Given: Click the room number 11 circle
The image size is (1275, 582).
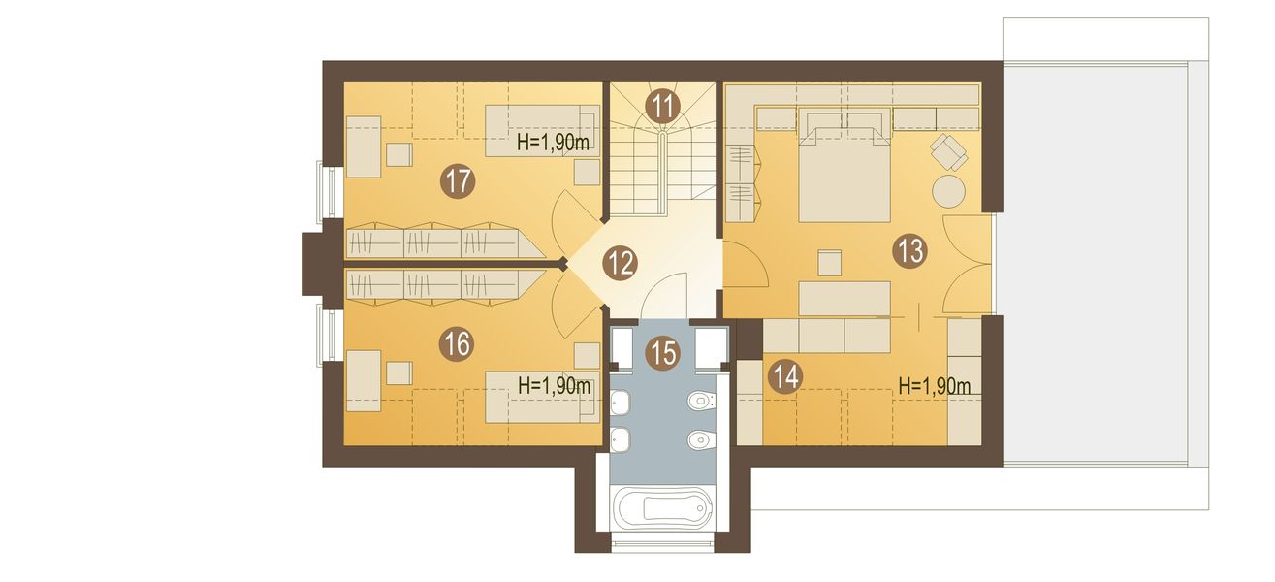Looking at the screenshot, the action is (x=663, y=107).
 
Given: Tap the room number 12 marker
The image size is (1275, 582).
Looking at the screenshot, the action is (x=620, y=263).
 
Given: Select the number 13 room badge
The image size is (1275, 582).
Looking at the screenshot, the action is (x=909, y=251).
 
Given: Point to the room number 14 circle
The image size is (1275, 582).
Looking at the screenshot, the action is (x=785, y=376).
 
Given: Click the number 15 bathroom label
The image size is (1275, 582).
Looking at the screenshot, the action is (x=663, y=352).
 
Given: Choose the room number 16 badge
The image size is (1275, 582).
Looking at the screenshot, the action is (x=458, y=344).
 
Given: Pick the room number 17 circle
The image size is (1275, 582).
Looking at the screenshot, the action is (x=458, y=181).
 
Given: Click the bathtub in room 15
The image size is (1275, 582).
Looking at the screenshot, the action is (x=662, y=508).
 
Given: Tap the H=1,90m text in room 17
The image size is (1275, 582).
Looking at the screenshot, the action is (x=553, y=143).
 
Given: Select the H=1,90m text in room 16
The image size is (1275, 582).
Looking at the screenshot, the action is (x=554, y=386).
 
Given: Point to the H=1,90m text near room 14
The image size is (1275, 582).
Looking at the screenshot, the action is (x=934, y=386).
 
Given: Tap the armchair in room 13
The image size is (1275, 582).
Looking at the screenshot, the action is (x=949, y=151).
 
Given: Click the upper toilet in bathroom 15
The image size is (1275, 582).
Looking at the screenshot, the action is (x=701, y=401).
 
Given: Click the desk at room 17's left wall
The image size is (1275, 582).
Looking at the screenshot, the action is (x=364, y=146).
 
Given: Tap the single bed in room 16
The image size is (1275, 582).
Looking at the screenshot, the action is (x=542, y=398).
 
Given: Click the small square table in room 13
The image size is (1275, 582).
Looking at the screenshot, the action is (x=830, y=264).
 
